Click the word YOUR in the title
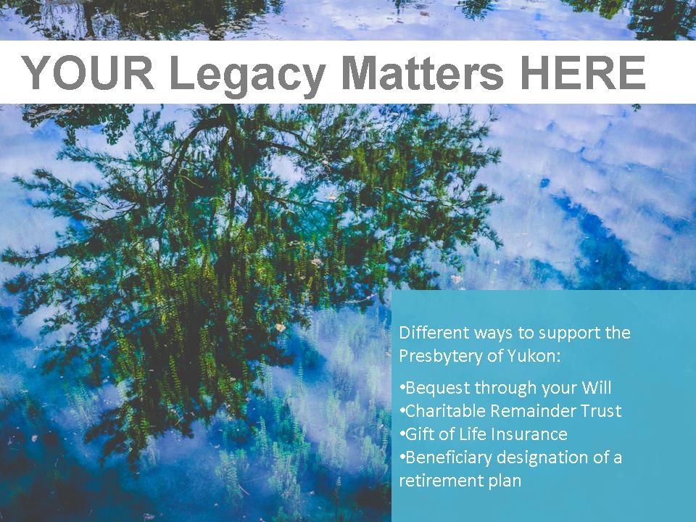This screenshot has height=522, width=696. point(88,72)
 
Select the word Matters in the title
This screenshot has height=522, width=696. point(423,72)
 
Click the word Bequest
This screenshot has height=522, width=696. point(438,388)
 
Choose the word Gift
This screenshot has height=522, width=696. point(420,434)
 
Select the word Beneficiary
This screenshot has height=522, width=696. point(448,457)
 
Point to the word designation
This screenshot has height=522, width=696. point(543,458)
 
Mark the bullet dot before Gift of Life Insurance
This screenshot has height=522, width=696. point(402,433)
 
